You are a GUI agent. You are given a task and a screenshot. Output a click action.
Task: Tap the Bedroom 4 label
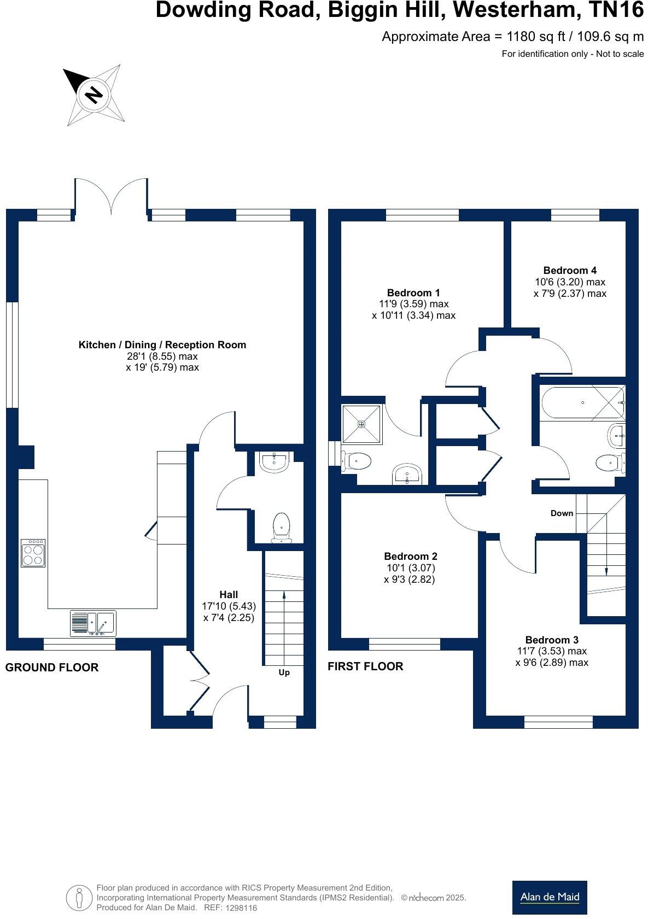coord(569,270)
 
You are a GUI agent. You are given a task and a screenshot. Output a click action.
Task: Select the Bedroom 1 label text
coord(413,292)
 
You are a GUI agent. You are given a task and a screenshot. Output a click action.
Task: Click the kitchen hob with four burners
coord(33,553)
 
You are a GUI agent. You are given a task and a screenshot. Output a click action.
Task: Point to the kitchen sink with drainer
coord(92,623)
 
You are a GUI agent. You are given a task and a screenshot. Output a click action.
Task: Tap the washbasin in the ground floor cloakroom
coord(274,463)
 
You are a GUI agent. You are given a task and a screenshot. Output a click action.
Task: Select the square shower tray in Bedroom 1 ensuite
coord(361,424)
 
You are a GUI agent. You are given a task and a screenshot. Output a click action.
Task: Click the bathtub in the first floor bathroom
coord(581,403)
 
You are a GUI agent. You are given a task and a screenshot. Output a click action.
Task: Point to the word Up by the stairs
coord(284,672)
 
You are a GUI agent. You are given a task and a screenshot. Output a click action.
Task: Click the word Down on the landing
coord(562,513)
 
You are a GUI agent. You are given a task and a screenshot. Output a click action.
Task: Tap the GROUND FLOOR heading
coord(52,668)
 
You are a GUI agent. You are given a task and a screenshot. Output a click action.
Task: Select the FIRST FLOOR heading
coord(365,666)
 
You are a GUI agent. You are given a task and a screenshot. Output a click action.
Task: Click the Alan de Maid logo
coord(549,897)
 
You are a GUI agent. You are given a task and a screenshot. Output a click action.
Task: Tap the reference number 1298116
coord(239,908)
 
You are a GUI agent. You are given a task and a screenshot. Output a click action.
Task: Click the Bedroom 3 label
coord(551,640)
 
